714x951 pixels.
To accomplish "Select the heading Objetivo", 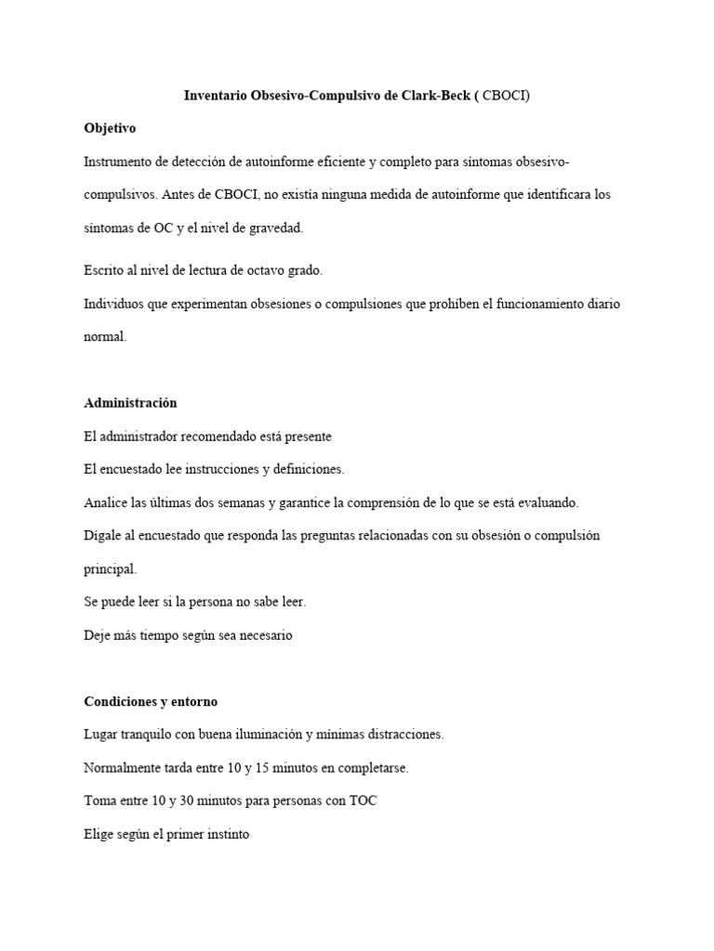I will point(110,128).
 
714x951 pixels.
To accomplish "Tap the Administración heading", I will point(130,403).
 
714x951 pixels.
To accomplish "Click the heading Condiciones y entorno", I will point(151,700).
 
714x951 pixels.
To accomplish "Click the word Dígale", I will point(104,536).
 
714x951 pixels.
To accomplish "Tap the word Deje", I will point(98,635).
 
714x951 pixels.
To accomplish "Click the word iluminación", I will point(288,734).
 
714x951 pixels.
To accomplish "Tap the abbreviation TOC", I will point(364,801).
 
